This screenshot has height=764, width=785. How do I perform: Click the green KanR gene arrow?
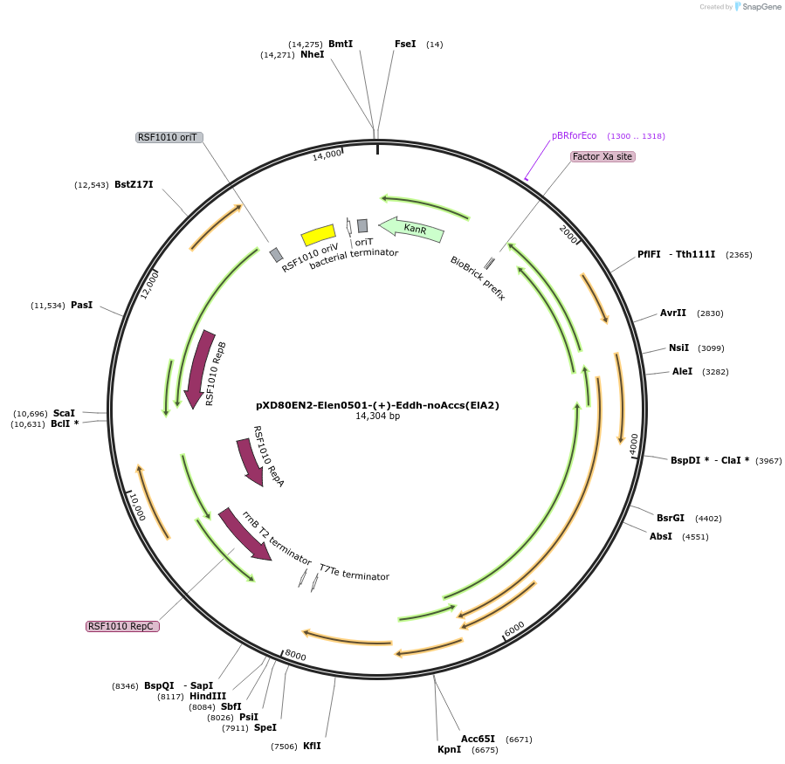coord(412,230)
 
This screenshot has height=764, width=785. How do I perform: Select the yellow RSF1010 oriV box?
coord(318,235)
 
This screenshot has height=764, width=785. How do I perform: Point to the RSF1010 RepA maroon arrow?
coord(251,462)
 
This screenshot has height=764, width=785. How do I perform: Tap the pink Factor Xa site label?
coord(603,156)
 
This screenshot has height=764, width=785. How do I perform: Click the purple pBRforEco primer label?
coord(574,136)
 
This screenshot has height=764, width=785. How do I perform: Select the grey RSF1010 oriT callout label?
coord(169,137)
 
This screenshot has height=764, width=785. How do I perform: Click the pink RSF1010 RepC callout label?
coord(122,626)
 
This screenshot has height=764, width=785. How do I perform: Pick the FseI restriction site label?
coord(405,44)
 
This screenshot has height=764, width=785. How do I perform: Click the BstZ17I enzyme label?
coord(134,184)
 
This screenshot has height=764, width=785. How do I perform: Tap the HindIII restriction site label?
coord(207,696)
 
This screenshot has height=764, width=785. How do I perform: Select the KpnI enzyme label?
coord(449,749)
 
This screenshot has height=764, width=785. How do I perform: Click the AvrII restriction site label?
coord(673,313)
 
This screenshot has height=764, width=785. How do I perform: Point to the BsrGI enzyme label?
coord(671,518)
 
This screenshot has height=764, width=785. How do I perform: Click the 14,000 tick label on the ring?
coord(327,155)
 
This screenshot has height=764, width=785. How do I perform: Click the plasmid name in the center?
coord(377,405)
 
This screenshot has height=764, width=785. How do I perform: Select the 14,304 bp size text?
coord(377,416)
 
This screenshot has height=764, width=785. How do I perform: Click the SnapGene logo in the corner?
coord(756,7)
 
